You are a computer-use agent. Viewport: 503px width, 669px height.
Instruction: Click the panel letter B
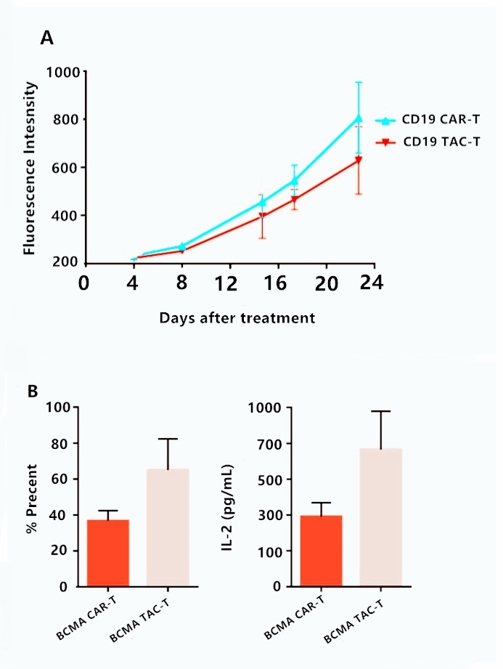(33, 391)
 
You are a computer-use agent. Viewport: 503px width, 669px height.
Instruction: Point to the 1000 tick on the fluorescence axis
(62, 72)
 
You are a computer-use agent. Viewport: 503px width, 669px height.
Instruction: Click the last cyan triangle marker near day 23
(359, 118)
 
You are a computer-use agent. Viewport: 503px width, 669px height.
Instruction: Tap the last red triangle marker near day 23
(359, 160)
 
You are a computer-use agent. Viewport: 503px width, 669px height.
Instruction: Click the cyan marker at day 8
(182, 246)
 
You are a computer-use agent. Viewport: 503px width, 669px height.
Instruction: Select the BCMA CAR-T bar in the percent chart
(108, 553)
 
